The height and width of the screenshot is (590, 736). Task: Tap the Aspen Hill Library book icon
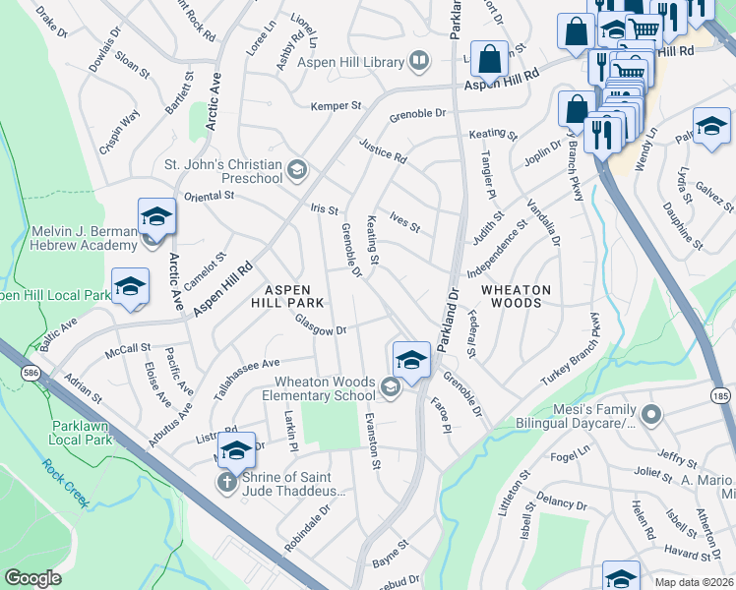coord(419,62)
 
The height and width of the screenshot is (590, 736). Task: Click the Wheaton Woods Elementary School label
coord(325,388)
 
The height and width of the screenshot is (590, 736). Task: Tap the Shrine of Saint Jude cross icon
coord(225,483)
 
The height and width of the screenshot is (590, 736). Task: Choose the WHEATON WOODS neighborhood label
coord(516,296)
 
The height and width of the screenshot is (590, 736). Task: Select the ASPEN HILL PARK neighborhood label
coord(287,296)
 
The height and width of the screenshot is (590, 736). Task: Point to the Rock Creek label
coord(66,481)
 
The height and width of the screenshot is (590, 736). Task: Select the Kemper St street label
coord(337,105)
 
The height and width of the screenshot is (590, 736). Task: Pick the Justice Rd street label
coord(382,150)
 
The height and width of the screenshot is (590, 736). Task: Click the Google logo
coord(33,578)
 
